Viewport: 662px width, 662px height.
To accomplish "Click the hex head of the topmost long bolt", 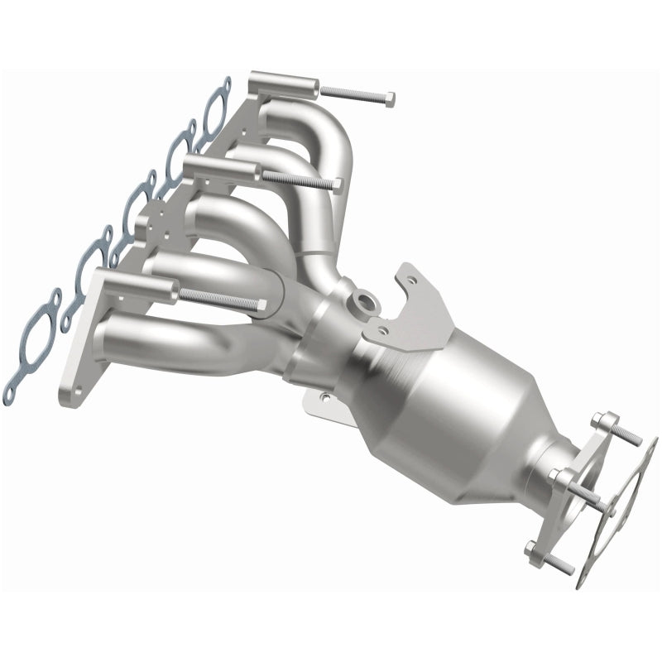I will pyautogui.click(x=389, y=99).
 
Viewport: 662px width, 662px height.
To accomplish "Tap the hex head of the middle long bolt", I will pyautogui.click(x=337, y=184).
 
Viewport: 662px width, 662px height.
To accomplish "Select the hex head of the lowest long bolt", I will pyautogui.click(x=261, y=305).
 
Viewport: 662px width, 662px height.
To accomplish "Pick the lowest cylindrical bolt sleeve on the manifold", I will pyautogui.click(x=137, y=281).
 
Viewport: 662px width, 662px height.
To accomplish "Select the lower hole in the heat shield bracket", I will pyautogui.click(x=381, y=330).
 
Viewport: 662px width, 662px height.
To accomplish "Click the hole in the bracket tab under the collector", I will pyautogui.click(x=324, y=398).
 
